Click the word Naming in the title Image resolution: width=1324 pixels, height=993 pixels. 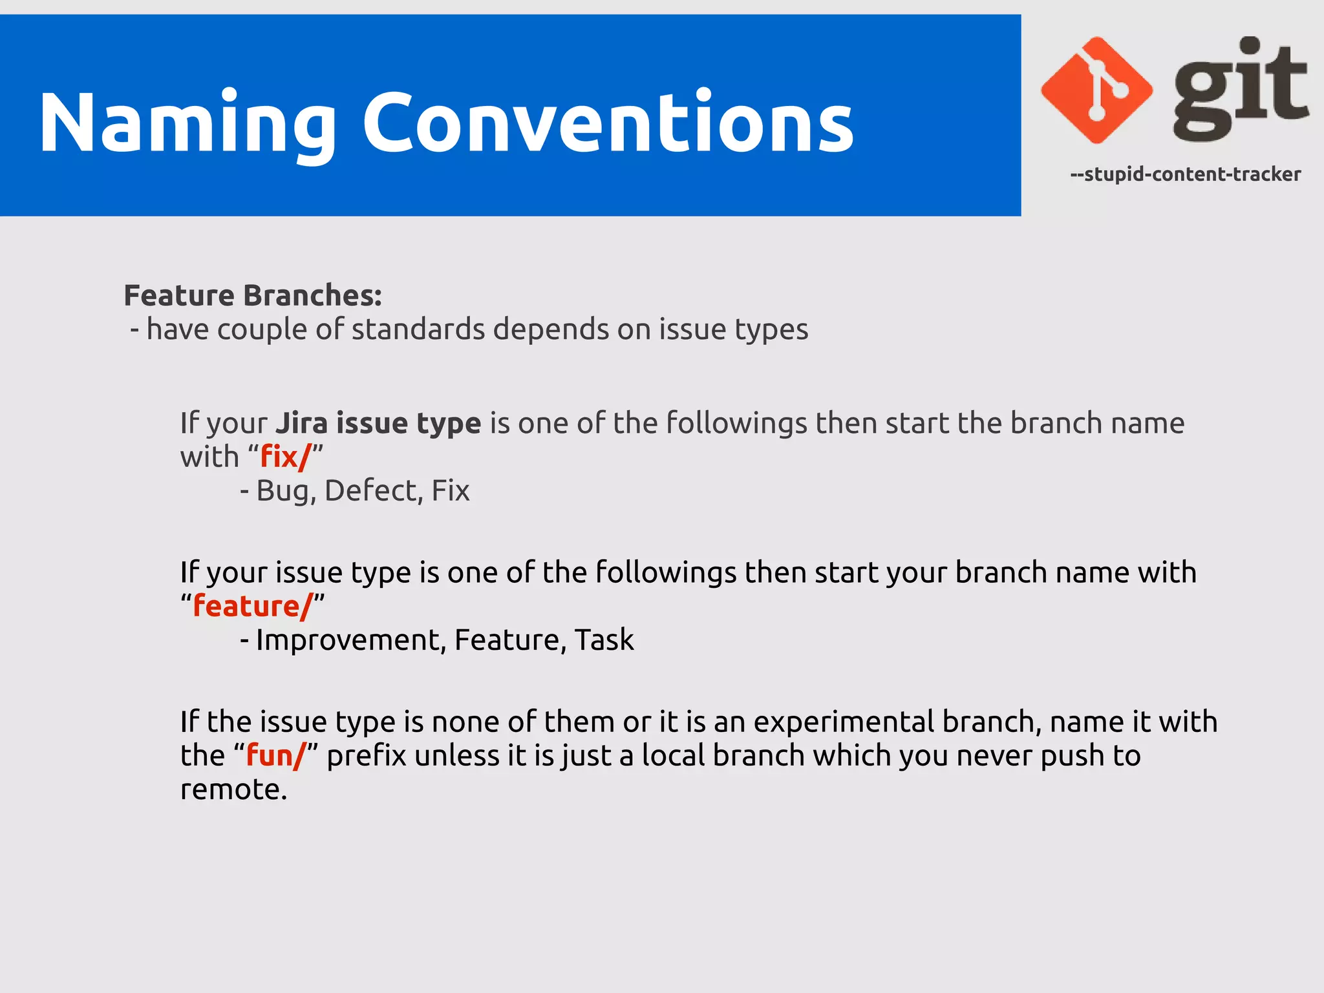(x=187, y=123)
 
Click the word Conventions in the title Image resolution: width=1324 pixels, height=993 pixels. (x=608, y=123)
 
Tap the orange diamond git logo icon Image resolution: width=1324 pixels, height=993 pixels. (x=1096, y=90)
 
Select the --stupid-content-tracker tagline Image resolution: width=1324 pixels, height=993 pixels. (x=1185, y=174)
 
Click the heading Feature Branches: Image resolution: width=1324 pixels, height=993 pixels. (x=253, y=295)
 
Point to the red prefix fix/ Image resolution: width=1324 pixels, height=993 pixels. (x=285, y=457)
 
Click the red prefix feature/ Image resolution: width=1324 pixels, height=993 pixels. (x=253, y=606)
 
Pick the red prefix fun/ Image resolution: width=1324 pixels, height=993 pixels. (x=275, y=755)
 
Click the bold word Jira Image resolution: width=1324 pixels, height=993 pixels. (x=302, y=423)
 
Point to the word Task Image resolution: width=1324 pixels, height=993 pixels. (x=604, y=640)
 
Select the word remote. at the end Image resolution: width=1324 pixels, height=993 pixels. (x=233, y=789)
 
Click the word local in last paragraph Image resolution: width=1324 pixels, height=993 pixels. (x=673, y=755)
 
